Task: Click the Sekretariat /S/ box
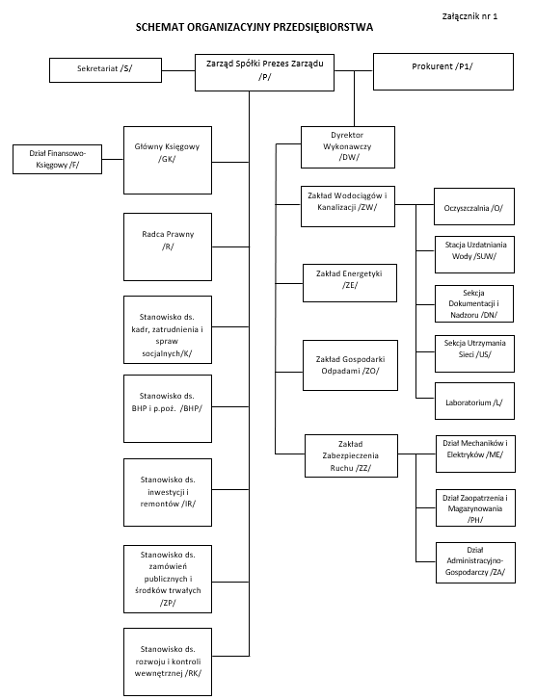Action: tap(105, 70)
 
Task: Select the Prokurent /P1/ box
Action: tap(443, 72)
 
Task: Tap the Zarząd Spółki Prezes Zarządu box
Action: tap(265, 73)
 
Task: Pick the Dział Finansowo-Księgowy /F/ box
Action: tap(57, 159)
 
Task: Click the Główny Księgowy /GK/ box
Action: tap(168, 160)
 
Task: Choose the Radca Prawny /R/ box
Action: tap(168, 246)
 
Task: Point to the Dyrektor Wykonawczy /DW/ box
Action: tap(348, 147)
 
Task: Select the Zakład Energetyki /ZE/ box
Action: tap(350, 283)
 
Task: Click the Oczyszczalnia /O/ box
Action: tap(474, 206)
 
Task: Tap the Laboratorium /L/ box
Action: tap(474, 401)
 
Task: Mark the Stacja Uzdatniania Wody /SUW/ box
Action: tap(474, 254)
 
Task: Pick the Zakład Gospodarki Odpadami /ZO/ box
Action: tap(350, 366)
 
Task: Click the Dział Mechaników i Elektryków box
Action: tap(475, 454)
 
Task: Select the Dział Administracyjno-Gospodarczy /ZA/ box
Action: tap(475, 562)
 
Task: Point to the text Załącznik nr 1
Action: tap(469, 16)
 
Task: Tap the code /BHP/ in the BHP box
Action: tap(191, 408)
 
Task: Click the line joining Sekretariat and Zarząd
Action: tap(178, 70)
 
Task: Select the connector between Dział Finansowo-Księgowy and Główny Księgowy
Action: tap(113, 159)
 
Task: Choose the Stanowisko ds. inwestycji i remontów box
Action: tap(168, 492)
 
